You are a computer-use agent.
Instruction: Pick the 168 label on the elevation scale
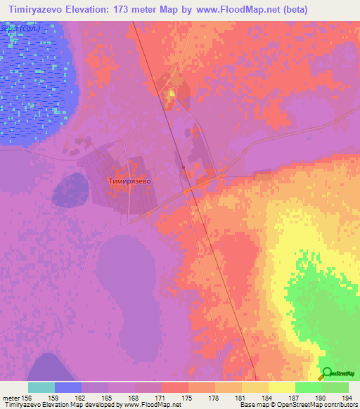135,397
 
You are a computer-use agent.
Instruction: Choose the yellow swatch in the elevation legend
281,387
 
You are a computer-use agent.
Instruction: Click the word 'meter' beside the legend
10,397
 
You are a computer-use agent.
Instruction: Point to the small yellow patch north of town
170,94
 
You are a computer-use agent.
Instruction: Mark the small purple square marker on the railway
183,167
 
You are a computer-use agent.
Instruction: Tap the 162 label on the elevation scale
82,397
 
